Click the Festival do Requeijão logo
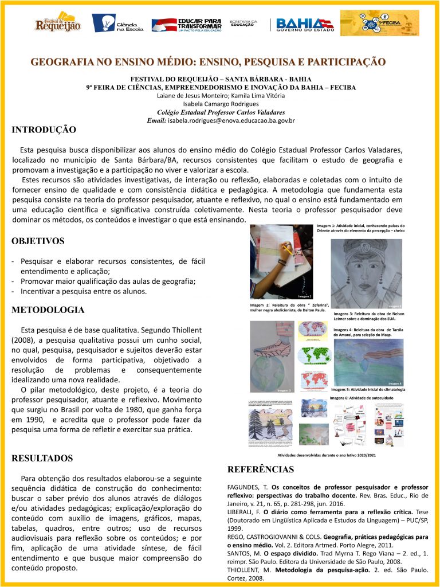57,23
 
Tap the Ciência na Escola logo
118,23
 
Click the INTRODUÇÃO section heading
44,130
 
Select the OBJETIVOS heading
38,241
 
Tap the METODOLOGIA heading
48,310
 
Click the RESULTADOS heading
42,458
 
